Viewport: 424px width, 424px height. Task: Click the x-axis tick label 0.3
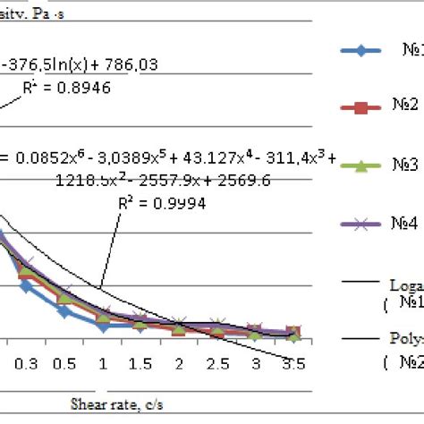click(x=26, y=364)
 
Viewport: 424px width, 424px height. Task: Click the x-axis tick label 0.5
click(x=64, y=364)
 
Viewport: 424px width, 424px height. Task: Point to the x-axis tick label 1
click(x=104, y=364)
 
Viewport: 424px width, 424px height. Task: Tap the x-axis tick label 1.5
click(x=141, y=364)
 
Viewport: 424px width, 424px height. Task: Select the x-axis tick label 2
click(x=180, y=364)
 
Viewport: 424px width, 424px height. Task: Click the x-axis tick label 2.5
click(x=218, y=364)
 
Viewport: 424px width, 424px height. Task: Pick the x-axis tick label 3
click(x=257, y=364)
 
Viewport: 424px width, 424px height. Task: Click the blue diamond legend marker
click(x=362, y=50)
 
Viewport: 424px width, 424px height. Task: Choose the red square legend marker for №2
click(x=362, y=108)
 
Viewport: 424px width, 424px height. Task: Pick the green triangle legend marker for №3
click(x=362, y=166)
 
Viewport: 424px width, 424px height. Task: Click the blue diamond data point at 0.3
click(x=26, y=286)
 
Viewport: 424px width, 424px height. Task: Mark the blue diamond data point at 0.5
click(x=64, y=310)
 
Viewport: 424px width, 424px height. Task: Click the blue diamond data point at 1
click(x=104, y=326)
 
